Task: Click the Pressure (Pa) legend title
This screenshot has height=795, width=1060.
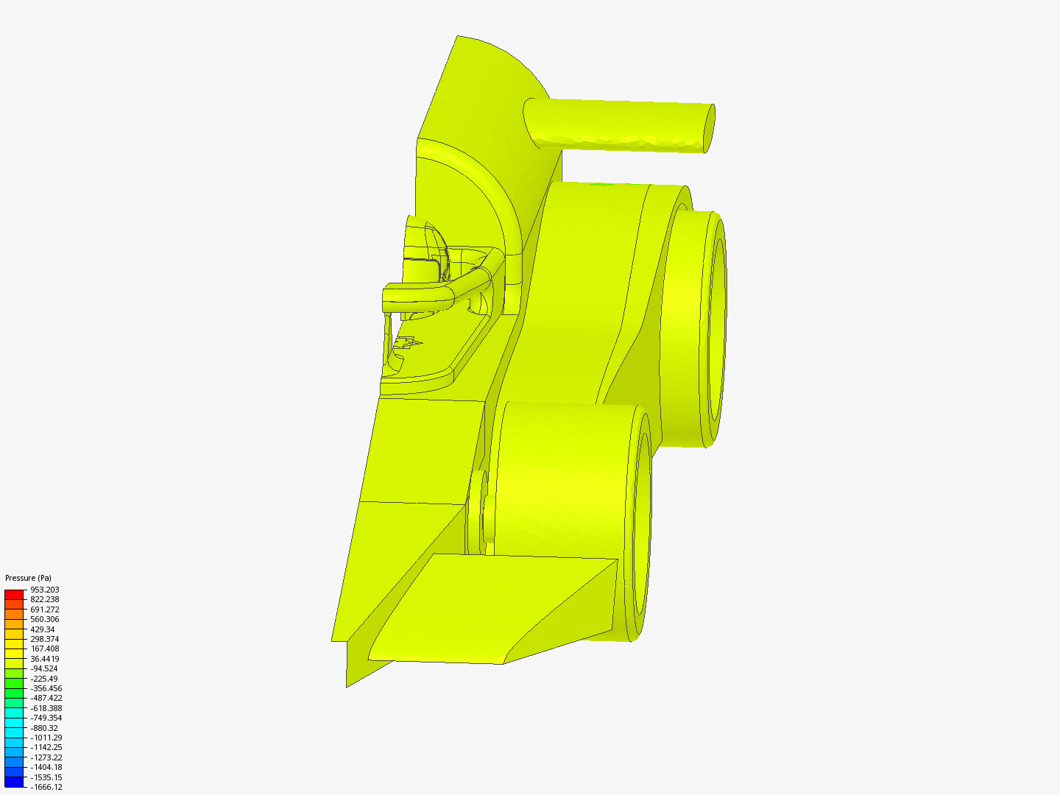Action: click(28, 578)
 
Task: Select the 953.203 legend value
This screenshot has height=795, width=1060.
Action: click(45, 590)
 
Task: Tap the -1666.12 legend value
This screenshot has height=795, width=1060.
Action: click(46, 788)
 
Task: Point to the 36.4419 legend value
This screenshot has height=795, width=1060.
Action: click(45, 659)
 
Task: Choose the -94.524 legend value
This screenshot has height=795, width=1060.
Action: click(44, 668)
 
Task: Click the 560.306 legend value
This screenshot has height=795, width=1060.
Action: click(45, 619)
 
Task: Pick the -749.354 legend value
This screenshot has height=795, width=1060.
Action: click(46, 718)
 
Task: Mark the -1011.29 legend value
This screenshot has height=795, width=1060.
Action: click(46, 738)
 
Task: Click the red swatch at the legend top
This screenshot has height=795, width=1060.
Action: click(14, 594)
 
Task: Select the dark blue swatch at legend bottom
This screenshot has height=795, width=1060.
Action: click(14, 782)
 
